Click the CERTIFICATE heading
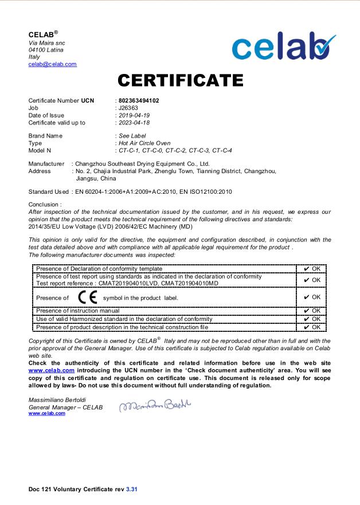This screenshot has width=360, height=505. [180, 80]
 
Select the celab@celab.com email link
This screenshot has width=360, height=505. [52, 64]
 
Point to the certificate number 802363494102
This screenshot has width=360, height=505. [138, 100]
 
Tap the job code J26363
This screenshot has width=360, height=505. [128, 108]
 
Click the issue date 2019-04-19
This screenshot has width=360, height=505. [133, 115]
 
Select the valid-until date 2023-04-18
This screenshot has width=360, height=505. [133, 123]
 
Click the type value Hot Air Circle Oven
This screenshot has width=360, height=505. [144, 143]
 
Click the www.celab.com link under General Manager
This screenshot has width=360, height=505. [46, 413]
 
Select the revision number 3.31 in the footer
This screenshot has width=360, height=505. [132, 489]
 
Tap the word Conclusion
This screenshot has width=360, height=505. [44, 204]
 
